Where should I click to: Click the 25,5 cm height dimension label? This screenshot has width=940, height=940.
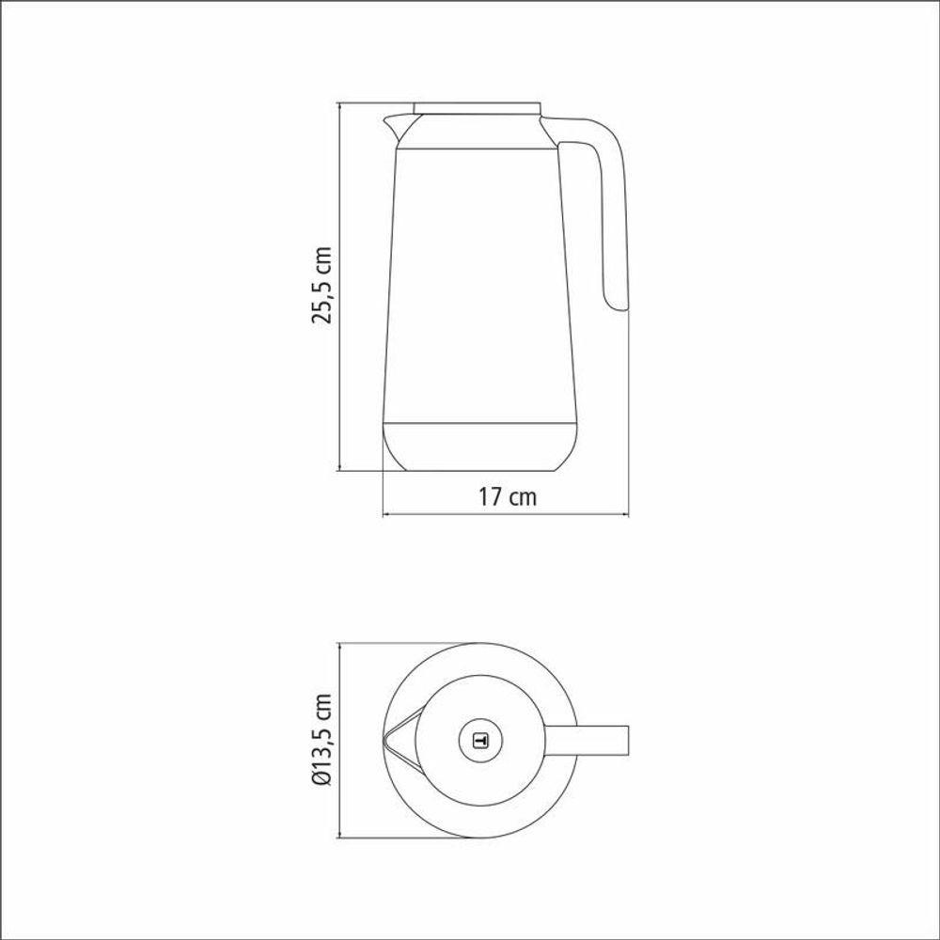click(321, 285)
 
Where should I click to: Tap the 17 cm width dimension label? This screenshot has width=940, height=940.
click(508, 497)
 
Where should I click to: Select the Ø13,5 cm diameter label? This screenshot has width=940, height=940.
click(321, 739)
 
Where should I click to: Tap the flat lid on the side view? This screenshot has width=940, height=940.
click(478, 108)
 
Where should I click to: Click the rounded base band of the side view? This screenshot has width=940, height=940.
click(480, 446)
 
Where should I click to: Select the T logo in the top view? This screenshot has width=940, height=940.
click(480, 741)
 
